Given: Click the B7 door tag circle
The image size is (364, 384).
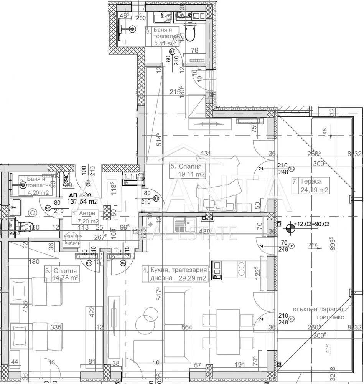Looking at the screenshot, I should pos(87,183).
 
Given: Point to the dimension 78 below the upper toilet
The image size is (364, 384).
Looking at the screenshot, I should pos(195,50).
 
